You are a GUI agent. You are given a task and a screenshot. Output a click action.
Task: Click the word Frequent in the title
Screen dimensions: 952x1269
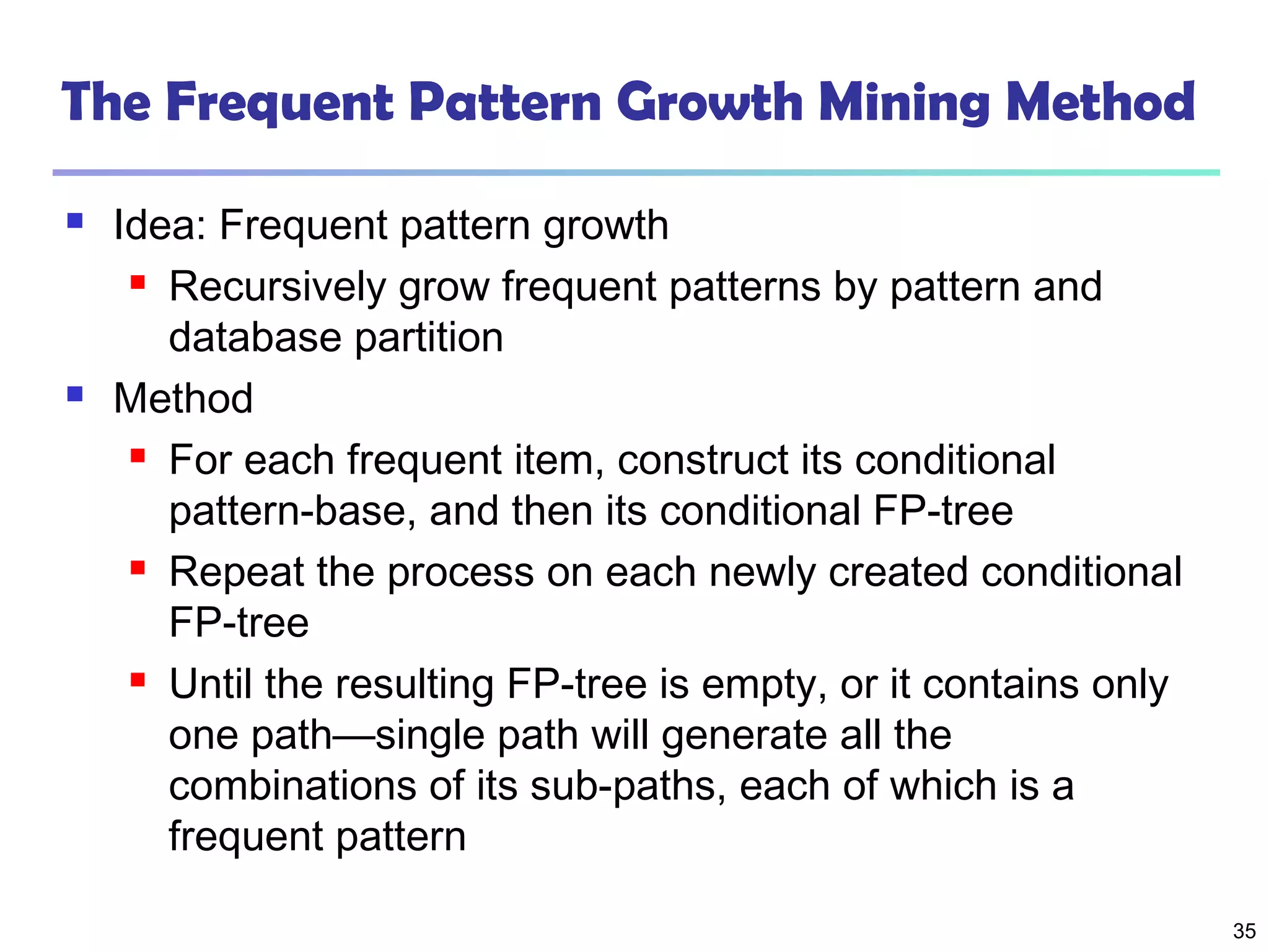280,102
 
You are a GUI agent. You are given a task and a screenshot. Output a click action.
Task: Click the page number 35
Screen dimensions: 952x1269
1244,931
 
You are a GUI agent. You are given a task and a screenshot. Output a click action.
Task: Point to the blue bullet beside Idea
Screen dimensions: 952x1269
75,221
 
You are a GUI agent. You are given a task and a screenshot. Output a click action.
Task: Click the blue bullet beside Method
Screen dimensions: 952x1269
75,394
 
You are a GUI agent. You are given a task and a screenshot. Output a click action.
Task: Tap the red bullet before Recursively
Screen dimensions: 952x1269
138,283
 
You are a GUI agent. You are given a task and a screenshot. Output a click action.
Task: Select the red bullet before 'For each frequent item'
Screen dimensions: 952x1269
138,456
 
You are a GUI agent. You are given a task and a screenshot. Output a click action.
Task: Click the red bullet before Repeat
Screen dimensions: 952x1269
138,568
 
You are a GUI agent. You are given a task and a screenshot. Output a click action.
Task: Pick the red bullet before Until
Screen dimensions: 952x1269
138,680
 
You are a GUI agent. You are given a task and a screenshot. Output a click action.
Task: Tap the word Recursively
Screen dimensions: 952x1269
278,288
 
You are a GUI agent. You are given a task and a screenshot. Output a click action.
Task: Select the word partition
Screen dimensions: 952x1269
429,338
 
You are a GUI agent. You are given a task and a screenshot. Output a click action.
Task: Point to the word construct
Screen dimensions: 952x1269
703,461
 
